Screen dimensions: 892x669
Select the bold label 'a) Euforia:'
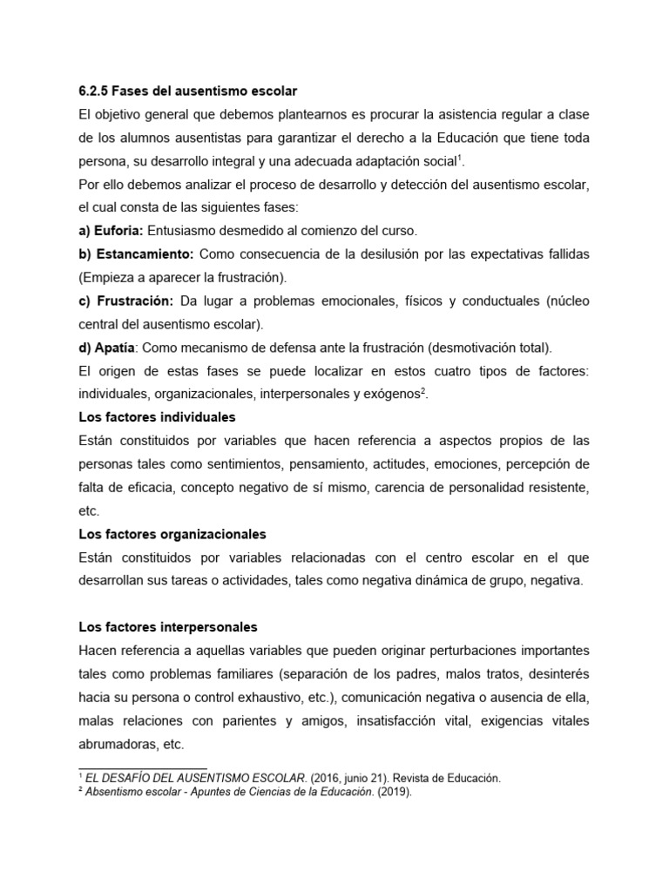[111, 231]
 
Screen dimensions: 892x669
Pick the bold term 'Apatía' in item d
[113, 348]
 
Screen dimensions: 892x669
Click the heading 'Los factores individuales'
[157, 417]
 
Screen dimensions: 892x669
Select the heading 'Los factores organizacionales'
[172, 533]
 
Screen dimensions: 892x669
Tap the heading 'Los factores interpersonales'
[168, 627]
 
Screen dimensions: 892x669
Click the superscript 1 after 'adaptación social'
[460, 158]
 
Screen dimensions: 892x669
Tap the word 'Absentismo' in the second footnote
[116, 793]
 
